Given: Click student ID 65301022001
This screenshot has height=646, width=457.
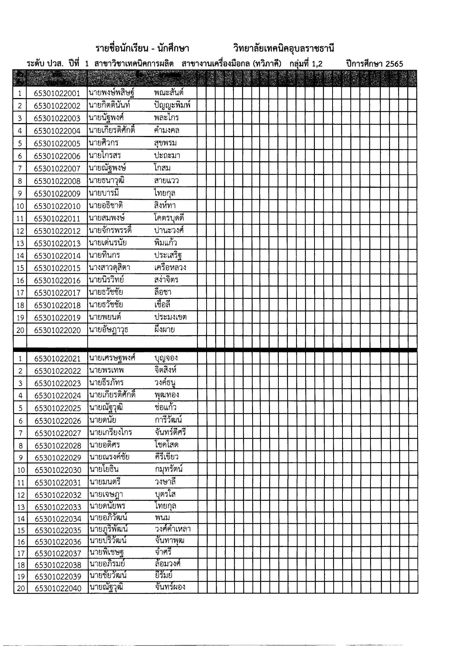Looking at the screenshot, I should point(57,93).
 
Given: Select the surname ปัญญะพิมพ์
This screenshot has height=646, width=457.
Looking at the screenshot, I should point(172,105).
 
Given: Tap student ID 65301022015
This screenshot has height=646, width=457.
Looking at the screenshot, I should point(57,268).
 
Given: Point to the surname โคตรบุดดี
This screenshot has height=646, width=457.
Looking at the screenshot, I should point(169,218).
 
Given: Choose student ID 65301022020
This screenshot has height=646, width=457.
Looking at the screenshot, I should point(57,330).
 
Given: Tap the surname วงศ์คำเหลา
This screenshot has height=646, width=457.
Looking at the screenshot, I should point(173,529).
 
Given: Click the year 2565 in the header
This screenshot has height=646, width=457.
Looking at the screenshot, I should point(394,64).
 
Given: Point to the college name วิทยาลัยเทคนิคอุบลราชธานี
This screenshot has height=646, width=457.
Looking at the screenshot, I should point(284,48).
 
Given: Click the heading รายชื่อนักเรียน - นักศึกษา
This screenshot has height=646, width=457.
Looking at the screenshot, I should point(142,48).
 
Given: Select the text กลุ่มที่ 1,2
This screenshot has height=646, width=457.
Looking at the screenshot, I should point(306,64).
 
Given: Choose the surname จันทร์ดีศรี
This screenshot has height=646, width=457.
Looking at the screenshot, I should point(171,432).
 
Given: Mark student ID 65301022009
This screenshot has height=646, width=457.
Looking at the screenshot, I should point(57,193).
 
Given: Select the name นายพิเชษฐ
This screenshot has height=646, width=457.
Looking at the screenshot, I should point(106,552).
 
